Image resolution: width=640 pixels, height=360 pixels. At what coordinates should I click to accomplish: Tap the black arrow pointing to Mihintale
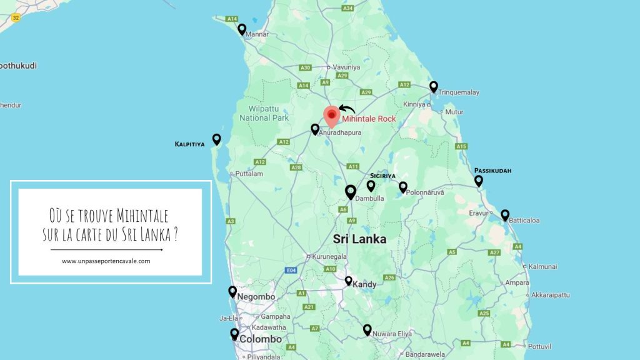346,109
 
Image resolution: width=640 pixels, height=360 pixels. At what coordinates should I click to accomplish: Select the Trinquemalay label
459,92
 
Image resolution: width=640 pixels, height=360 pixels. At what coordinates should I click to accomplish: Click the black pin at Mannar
242,29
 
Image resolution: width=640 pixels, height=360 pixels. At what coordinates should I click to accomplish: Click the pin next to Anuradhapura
315,129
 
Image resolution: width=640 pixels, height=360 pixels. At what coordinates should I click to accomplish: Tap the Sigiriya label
382,176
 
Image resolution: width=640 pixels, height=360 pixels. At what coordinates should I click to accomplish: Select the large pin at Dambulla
351,192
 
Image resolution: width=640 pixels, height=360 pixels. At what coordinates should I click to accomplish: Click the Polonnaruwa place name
424,193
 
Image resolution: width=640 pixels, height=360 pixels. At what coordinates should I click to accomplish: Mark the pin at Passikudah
479,181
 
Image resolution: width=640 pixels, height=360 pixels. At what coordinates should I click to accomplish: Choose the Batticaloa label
524,220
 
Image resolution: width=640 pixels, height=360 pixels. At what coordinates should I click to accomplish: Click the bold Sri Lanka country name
359,239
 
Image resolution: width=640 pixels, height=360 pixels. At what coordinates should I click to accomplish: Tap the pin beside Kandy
349,281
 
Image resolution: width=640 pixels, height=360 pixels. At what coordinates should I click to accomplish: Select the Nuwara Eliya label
392,334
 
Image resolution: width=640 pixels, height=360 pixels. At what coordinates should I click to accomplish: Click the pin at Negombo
232,291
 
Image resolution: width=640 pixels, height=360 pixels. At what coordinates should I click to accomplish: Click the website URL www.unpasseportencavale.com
106,261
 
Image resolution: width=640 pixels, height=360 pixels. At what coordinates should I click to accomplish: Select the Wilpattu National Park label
264,113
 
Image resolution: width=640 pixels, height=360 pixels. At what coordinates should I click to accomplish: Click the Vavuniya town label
346,67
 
